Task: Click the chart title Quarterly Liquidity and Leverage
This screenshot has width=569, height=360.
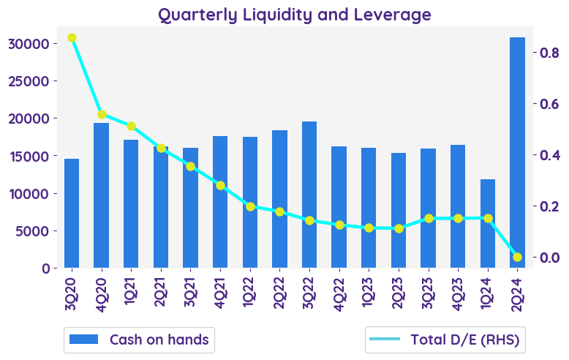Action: coord(295,14)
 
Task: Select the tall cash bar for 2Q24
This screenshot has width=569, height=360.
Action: coord(517,152)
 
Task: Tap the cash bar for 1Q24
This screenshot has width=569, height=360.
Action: coord(487,223)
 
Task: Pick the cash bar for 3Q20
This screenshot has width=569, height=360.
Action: coord(72,213)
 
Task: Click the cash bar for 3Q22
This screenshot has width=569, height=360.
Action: coord(309,195)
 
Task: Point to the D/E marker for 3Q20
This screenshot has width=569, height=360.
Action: coord(72,38)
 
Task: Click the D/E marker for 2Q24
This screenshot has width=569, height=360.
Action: coord(517,257)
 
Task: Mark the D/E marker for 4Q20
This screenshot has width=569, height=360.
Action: coord(102,115)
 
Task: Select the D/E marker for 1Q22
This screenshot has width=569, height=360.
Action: coord(250,206)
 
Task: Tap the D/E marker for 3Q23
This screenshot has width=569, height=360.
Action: coord(429,218)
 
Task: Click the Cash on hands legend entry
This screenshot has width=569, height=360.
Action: coord(139,340)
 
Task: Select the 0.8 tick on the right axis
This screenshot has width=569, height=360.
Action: coord(549,53)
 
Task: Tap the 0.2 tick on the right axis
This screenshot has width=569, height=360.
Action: coord(549,206)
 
